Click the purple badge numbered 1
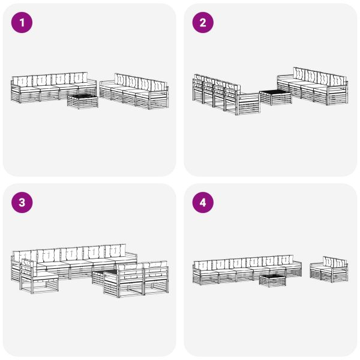pyautogui.click(x=22, y=23)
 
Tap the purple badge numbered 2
pyautogui.click(x=203, y=23)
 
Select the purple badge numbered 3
pyautogui.click(x=22, y=203)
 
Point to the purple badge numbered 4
pyautogui.click(x=203, y=203)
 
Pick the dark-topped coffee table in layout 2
pyautogui.click(x=275, y=97)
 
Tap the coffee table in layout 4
pyautogui.click(x=272, y=279)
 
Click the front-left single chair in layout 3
pyautogui.click(x=39, y=277)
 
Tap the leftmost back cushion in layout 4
pyautogui.click(x=202, y=263)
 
